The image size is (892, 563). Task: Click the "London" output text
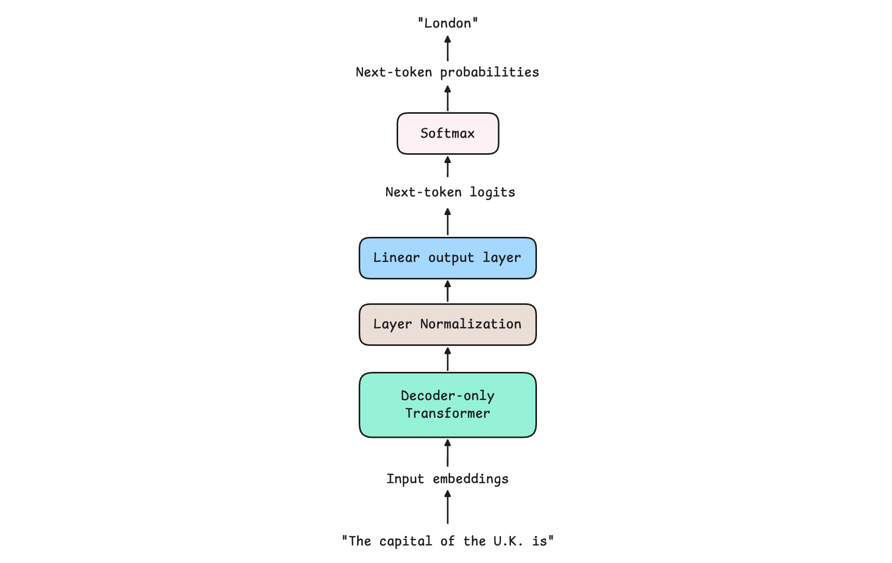coord(448,23)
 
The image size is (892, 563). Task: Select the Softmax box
coord(448,133)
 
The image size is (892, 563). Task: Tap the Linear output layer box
coord(448,258)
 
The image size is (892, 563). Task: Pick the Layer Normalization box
coord(448,325)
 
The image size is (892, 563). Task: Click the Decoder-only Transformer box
coord(448,405)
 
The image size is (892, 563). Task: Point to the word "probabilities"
coord(490,72)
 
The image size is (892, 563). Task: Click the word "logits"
coord(492,192)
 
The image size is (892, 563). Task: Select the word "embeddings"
coord(470,479)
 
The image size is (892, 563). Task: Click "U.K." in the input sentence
coord(508,541)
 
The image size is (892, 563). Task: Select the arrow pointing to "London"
coord(448,48)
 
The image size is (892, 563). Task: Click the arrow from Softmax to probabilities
coord(448,98)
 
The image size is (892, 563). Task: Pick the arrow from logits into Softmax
coord(448,167)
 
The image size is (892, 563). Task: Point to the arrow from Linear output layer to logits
coord(448,222)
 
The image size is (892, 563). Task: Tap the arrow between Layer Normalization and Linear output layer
coord(448,291)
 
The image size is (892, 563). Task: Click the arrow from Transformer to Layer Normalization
coord(448,359)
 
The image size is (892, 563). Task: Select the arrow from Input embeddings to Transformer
coord(448,453)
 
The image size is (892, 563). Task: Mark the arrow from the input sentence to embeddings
coord(448,507)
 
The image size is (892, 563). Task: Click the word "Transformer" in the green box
coord(448,413)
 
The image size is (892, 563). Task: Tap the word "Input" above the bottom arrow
coord(405,479)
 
